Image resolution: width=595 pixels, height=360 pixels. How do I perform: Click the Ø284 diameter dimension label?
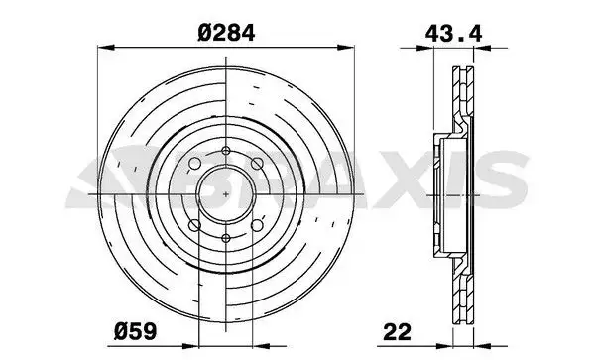(x=226, y=33)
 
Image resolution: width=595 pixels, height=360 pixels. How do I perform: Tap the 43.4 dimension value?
(x=453, y=34)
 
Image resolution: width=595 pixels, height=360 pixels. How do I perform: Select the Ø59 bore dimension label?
(x=135, y=331)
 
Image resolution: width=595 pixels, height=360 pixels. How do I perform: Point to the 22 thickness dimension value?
(x=398, y=332)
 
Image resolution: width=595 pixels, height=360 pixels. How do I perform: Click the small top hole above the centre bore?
(x=226, y=151)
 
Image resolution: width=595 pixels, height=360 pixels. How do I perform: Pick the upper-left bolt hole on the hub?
(x=194, y=164)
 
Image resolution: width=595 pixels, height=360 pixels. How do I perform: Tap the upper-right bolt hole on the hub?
(x=257, y=164)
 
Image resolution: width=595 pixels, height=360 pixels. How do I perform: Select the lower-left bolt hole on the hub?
(x=194, y=225)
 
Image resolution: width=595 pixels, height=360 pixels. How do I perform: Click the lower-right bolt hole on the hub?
(x=257, y=225)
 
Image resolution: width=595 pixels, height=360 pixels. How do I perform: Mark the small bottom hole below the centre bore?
(x=226, y=238)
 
